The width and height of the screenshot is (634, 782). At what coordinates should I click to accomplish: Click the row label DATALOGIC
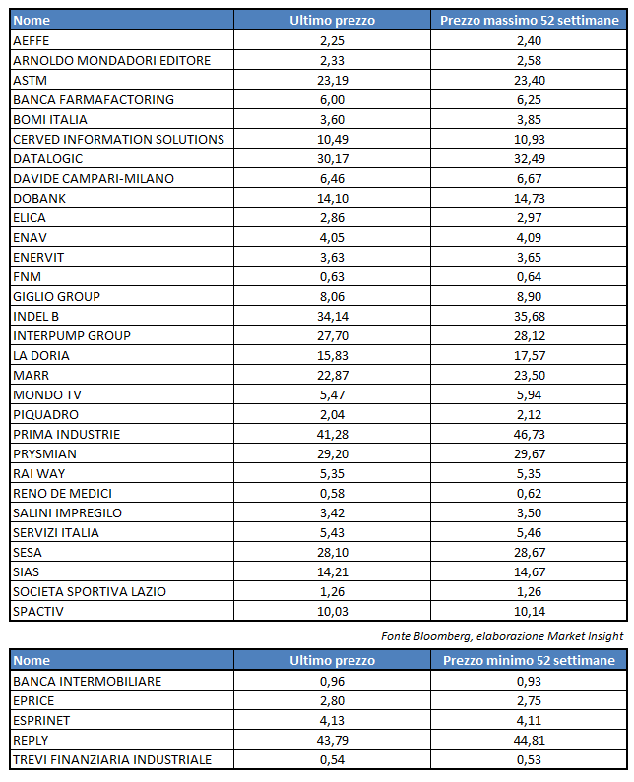coord(48,158)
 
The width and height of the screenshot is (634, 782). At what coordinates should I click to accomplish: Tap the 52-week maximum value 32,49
coord(529,158)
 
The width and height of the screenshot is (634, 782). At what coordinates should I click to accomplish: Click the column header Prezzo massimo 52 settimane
coord(529,20)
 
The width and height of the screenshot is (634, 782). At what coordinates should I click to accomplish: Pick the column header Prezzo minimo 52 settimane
coord(529,661)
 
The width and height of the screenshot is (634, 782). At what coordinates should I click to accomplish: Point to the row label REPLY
coord(32,740)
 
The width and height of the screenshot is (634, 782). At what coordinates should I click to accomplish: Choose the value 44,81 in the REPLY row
coord(529,740)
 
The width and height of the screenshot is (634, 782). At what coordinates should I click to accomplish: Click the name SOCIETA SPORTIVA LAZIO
coord(90,591)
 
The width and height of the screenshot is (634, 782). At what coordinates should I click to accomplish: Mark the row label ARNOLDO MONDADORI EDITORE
coord(111,60)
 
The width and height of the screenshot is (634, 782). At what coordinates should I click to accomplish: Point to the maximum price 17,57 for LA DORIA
coord(529,355)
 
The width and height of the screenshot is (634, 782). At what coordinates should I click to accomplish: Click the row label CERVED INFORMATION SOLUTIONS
coord(118,139)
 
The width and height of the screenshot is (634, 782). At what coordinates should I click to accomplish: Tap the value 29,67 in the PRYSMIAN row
coord(529,453)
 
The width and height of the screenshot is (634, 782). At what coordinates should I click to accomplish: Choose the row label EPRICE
coord(34,700)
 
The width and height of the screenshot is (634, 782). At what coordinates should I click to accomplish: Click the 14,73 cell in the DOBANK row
coord(529,198)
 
